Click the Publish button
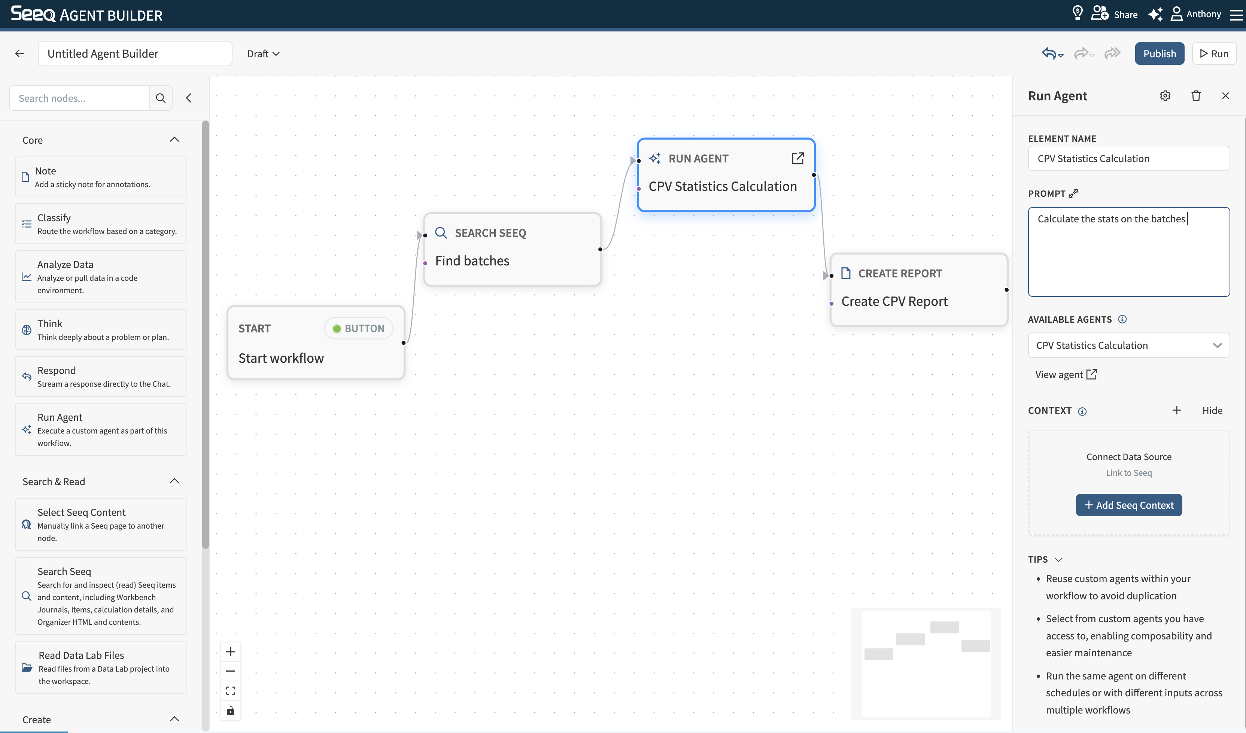pos(1159,54)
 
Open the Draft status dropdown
pos(263,54)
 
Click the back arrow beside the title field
pos(20,54)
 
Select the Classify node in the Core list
pos(101,224)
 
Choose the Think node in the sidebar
pos(101,330)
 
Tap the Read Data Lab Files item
pos(101,667)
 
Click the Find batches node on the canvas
pos(512,249)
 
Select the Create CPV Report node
pos(919,290)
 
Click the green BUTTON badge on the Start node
pos(358,328)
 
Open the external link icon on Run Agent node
pos(797,158)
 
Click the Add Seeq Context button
pos(1129,505)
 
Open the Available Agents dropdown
pos(1129,345)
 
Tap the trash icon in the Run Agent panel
pos(1195,95)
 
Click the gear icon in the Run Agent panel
pos(1165,95)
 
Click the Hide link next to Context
pos(1212,410)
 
